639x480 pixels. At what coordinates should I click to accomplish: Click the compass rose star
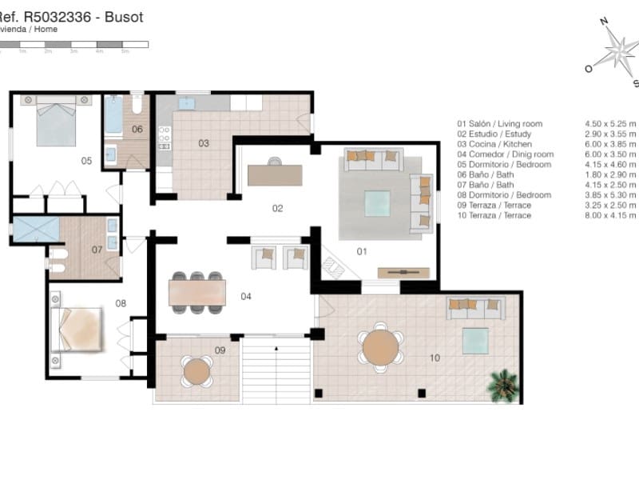pyautogui.click(x=619, y=52)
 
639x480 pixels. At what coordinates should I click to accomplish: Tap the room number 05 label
pyautogui.click(x=86, y=161)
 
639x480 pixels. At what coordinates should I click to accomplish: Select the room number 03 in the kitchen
pyautogui.click(x=204, y=143)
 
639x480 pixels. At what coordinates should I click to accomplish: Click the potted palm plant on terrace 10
pyautogui.click(x=502, y=385)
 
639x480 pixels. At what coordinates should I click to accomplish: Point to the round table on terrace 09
pyautogui.click(x=196, y=371)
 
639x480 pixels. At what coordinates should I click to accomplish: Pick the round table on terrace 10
pyautogui.click(x=380, y=347)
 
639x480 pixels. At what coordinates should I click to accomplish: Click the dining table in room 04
pyautogui.click(x=196, y=292)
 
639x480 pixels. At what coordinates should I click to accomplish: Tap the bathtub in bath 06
pyautogui.click(x=114, y=116)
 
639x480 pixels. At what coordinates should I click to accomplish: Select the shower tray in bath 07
pyautogui.click(x=36, y=230)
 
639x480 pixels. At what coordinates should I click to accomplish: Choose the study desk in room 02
pyautogui.click(x=275, y=174)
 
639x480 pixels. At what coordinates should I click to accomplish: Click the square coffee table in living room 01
pyautogui.click(x=377, y=203)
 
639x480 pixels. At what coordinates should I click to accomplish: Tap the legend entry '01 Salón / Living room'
pyautogui.click(x=499, y=124)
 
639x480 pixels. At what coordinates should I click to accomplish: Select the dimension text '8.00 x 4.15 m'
pyautogui.click(x=610, y=215)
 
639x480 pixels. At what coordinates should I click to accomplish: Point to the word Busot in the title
pyautogui.click(x=124, y=18)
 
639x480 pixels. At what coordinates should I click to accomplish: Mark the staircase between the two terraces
pyautogui.click(x=275, y=370)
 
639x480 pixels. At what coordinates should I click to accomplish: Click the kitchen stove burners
pyautogui.click(x=165, y=137)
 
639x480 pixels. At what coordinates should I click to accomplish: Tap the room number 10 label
pyautogui.click(x=435, y=358)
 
